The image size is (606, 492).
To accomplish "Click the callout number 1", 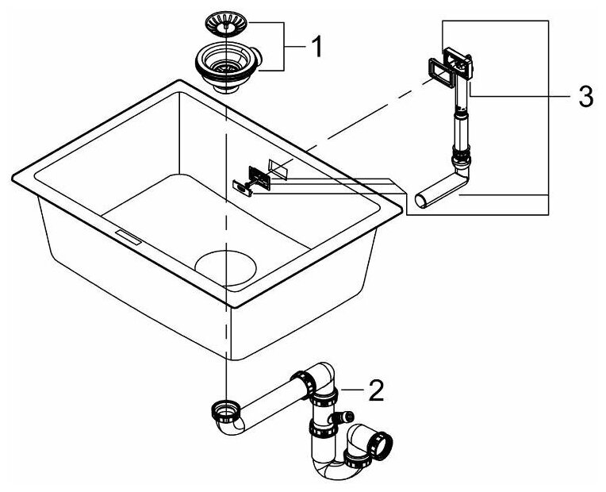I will (x=315, y=48).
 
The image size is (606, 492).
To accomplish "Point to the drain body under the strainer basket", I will (x=228, y=70).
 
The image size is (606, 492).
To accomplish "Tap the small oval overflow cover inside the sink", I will (x=240, y=184).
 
